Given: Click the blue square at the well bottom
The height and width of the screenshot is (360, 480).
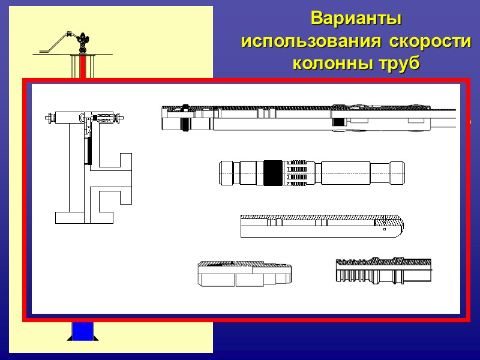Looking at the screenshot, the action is coord(83,331).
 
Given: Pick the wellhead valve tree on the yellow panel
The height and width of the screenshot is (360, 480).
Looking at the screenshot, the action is coord(83,43).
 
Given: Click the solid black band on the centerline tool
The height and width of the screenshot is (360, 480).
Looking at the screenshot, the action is coord(273,173).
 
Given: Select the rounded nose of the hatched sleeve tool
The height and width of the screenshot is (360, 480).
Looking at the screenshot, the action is coord(397,225).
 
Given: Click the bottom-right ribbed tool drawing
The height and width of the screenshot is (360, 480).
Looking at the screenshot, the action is coord(383,271).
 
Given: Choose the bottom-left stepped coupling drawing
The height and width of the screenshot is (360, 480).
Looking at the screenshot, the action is coord(245,274).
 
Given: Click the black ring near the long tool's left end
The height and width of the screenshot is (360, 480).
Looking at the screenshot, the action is coord(186,118).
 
